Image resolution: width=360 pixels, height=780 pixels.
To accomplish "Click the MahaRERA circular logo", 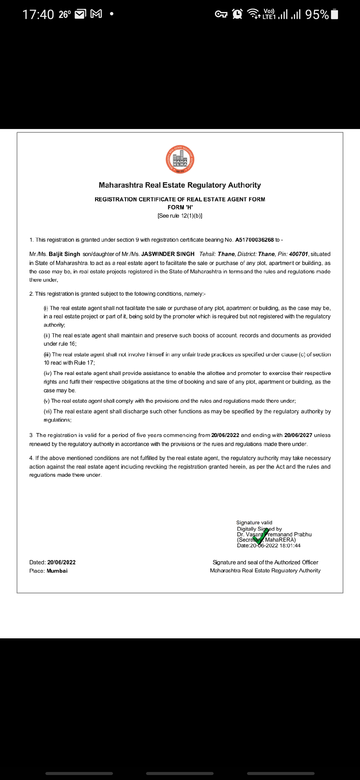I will point(180,160).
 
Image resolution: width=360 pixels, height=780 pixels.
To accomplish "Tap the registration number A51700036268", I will point(254,240).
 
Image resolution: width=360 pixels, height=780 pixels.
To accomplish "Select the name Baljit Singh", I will point(64,254).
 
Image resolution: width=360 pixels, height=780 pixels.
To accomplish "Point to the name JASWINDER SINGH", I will point(168,254).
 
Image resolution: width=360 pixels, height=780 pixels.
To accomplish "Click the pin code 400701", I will point(298,254).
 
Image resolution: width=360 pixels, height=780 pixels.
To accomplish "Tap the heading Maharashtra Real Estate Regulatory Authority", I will point(180,185).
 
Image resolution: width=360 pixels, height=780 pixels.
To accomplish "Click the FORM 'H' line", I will point(180,207).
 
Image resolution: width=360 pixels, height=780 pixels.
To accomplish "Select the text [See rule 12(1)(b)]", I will point(180,216).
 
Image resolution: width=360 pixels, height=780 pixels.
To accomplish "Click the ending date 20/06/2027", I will point(298,435).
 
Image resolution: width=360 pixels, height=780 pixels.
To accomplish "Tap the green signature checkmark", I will point(261,536).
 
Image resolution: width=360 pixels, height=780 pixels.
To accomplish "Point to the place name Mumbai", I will point(57,571).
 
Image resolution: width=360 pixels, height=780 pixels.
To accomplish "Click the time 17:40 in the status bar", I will point(38,15).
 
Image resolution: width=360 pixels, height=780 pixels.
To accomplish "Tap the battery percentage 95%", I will point(317,15).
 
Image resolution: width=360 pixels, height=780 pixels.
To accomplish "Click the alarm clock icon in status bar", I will point(237,14).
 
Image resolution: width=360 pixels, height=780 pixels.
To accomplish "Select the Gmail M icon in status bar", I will point(96,14).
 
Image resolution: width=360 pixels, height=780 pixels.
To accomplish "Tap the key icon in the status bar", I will point(221,14).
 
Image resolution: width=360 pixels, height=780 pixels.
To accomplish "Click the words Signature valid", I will point(254,523).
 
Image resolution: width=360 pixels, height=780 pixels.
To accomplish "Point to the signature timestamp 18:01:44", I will point(290,546).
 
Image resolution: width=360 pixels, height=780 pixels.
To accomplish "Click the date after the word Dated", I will point(61,562).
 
